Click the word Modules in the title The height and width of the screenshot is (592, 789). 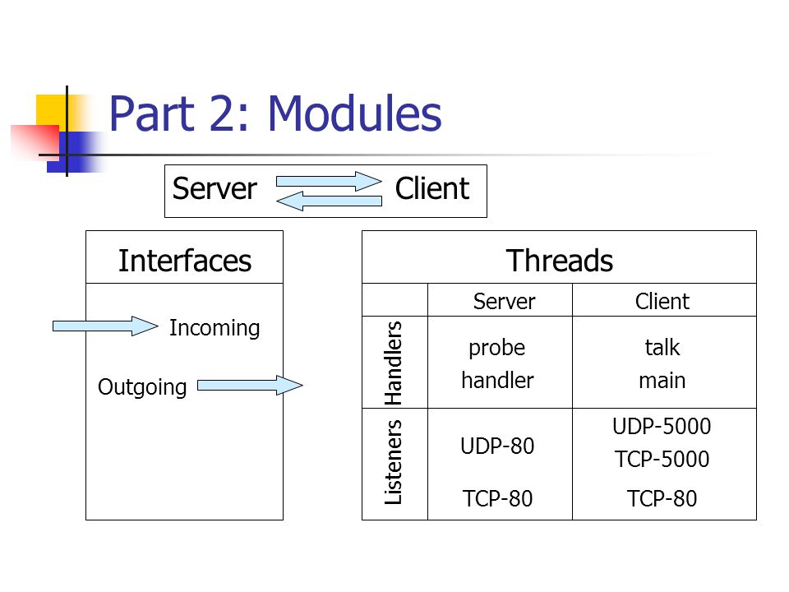355,113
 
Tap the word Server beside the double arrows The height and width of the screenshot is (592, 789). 215,189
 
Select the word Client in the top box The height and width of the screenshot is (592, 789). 432,189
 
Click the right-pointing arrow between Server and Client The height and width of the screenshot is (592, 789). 329,181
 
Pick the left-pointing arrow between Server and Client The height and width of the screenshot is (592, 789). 329,201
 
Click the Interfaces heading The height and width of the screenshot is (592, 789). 185,261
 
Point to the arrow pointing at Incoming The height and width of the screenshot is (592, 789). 105,326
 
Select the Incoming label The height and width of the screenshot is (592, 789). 215,328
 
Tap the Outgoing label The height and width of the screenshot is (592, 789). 142,387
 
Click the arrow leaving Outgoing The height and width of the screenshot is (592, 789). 250,386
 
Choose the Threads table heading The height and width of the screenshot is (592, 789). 560,261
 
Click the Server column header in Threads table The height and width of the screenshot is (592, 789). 504,302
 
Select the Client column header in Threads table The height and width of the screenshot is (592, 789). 662,302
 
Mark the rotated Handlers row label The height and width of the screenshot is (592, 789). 393,363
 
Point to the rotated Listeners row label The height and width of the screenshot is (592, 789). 393,462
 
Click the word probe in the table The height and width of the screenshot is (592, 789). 496,349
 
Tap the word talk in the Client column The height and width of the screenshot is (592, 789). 662,347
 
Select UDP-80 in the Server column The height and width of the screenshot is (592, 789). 497,446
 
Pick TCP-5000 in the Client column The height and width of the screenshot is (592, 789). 662,459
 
